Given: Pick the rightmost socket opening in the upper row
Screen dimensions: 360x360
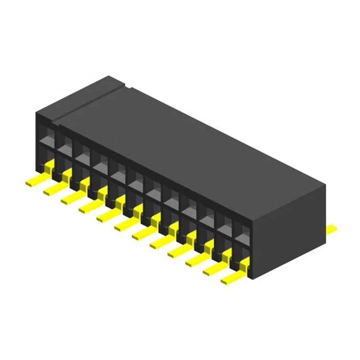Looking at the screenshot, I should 242,225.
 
